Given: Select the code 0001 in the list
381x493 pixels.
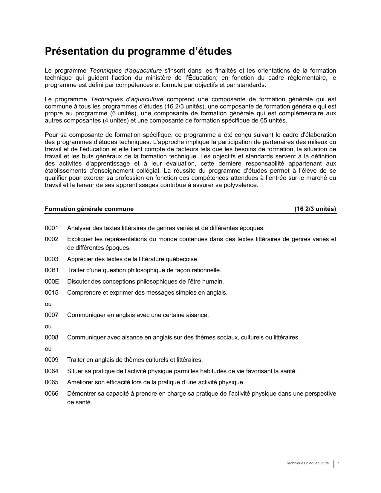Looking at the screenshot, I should [x=51, y=228].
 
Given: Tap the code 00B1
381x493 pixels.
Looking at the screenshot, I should [x=52, y=270].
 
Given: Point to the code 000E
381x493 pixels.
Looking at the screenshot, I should [x=52, y=281].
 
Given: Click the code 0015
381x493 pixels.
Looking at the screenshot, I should [x=51, y=293].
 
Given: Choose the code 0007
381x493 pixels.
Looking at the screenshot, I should [x=51, y=315].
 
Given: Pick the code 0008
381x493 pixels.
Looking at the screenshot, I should [x=51, y=338].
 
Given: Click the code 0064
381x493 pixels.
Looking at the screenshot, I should [x=51, y=371].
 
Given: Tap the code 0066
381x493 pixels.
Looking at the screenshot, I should [x=51, y=394].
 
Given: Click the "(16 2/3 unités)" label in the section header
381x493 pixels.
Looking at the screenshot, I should [x=315, y=209].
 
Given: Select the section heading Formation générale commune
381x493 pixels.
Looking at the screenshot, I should [x=89, y=209].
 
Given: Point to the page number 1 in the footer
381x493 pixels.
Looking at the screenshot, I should [x=339, y=463].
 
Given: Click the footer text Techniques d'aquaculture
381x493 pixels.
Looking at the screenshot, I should [x=307, y=463].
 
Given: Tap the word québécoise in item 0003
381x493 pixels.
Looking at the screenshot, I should [x=183, y=259].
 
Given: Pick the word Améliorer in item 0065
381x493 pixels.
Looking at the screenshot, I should [x=80, y=382].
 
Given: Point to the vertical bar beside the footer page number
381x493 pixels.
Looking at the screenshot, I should [x=333, y=464].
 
